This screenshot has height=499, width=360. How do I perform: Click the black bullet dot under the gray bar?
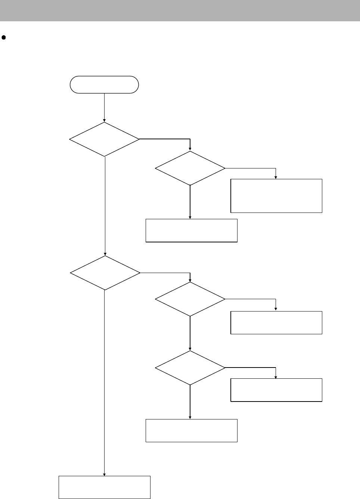(x=4, y=37)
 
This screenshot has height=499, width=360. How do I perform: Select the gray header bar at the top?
(x=180, y=10)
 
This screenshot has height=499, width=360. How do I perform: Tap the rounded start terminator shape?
(x=104, y=85)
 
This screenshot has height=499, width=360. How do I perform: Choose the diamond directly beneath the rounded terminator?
(x=104, y=139)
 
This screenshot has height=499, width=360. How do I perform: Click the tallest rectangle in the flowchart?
(x=276, y=196)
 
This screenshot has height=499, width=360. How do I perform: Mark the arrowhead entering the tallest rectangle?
(x=276, y=177)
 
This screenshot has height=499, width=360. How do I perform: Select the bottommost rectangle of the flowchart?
(x=105, y=487)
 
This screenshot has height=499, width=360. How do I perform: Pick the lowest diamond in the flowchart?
(x=190, y=368)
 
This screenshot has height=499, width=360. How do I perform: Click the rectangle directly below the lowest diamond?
(x=191, y=430)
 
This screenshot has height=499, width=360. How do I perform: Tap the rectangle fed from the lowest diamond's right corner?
(x=276, y=390)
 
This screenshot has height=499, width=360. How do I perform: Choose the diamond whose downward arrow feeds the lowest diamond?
(x=190, y=299)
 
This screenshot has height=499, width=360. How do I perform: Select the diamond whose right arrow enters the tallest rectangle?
(x=190, y=168)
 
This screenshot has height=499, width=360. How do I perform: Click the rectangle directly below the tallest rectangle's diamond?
(x=191, y=230)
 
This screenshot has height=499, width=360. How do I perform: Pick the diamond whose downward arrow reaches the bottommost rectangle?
(x=105, y=273)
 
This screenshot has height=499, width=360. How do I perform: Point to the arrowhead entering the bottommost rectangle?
(x=104, y=474)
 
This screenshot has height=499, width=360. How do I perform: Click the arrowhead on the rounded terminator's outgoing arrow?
(x=104, y=120)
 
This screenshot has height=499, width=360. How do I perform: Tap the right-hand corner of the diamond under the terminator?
(x=139, y=139)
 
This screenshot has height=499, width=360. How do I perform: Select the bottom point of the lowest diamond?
(x=190, y=385)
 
